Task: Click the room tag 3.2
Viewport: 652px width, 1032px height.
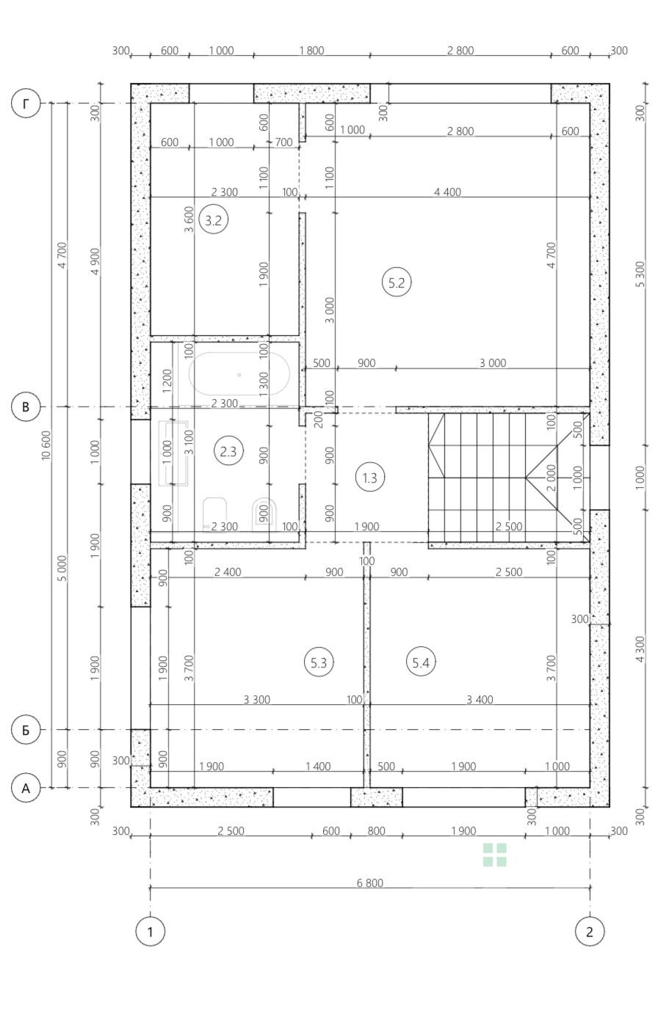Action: click(x=213, y=220)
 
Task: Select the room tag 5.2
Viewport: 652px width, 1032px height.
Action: click(x=396, y=282)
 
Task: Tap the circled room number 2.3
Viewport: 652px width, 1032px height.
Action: click(x=228, y=452)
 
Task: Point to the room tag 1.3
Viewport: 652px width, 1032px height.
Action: click(x=370, y=477)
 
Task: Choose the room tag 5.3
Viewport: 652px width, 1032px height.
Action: click(x=319, y=662)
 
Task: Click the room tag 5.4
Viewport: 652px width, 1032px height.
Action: click(x=421, y=662)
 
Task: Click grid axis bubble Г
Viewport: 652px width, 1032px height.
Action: click(x=26, y=103)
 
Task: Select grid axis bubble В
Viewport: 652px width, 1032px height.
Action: click(x=26, y=407)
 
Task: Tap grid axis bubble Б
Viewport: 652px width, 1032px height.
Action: click(x=26, y=730)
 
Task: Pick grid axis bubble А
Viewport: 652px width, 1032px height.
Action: click(x=26, y=788)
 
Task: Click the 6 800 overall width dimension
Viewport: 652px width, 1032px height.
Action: click(x=370, y=882)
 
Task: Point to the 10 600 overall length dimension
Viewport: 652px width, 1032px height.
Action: click(x=46, y=445)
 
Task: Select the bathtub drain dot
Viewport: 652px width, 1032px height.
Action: click(x=239, y=375)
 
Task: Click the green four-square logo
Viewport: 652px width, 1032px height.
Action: click(x=495, y=855)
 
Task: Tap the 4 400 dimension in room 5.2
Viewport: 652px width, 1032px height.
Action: click(x=447, y=191)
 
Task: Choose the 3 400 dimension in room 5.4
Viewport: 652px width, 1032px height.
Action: click(x=479, y=699)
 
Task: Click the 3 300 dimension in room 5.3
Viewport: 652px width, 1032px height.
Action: click(x=257, y=699)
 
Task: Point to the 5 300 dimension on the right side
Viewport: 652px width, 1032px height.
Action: click(x=640, y=274)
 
